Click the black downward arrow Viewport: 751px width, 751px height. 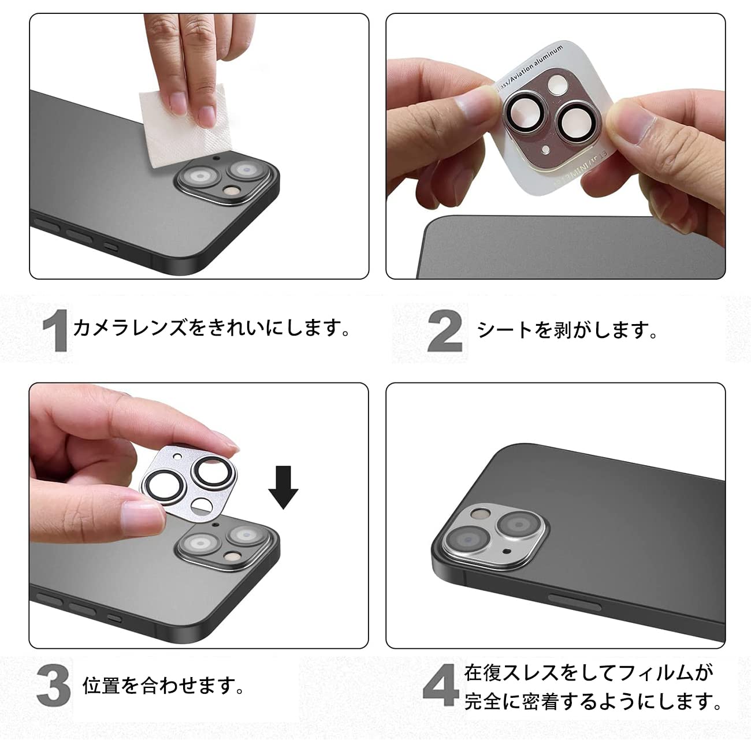[x=283, y=489]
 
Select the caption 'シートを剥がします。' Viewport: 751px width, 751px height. [x=567, y=330]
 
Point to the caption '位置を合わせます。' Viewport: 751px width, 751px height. [x=164, y=686]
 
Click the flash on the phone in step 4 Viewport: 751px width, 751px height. [x=479, y=513]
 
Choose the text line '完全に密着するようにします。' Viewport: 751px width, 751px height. [x=593, y=702]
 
